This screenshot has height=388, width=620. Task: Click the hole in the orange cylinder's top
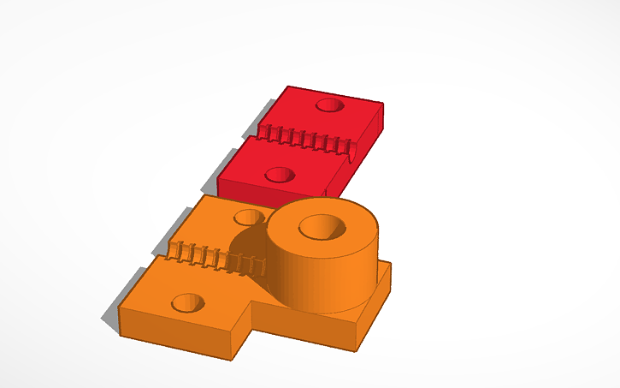[x=322, y=227]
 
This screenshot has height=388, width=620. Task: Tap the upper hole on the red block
[x=329, y=105]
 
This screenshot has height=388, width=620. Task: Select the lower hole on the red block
[x=279, y=175]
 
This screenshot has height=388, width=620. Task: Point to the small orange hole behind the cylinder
[x=249, y=217]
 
